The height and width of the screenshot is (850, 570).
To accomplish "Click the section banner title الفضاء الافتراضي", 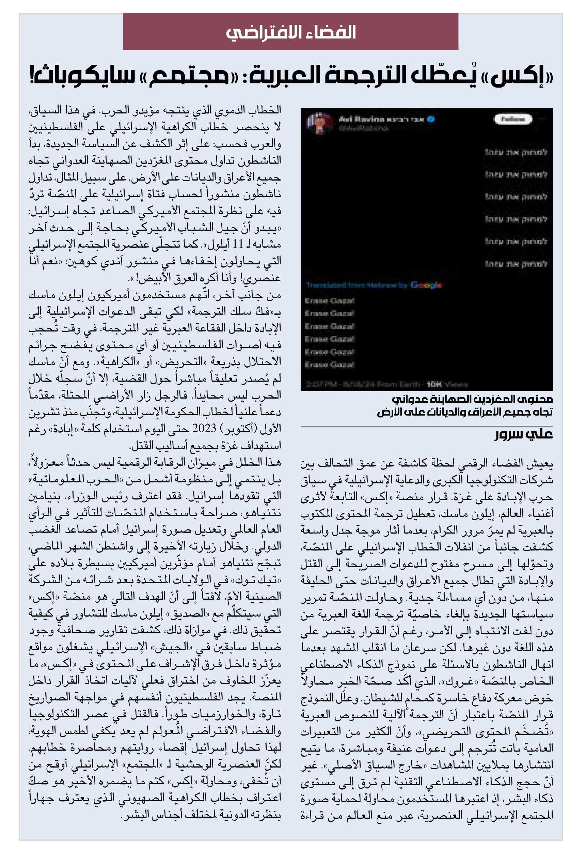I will (290, 32).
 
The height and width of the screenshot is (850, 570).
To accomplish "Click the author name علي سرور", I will (523, 434).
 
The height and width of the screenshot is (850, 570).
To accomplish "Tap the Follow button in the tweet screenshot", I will (512, 119).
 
